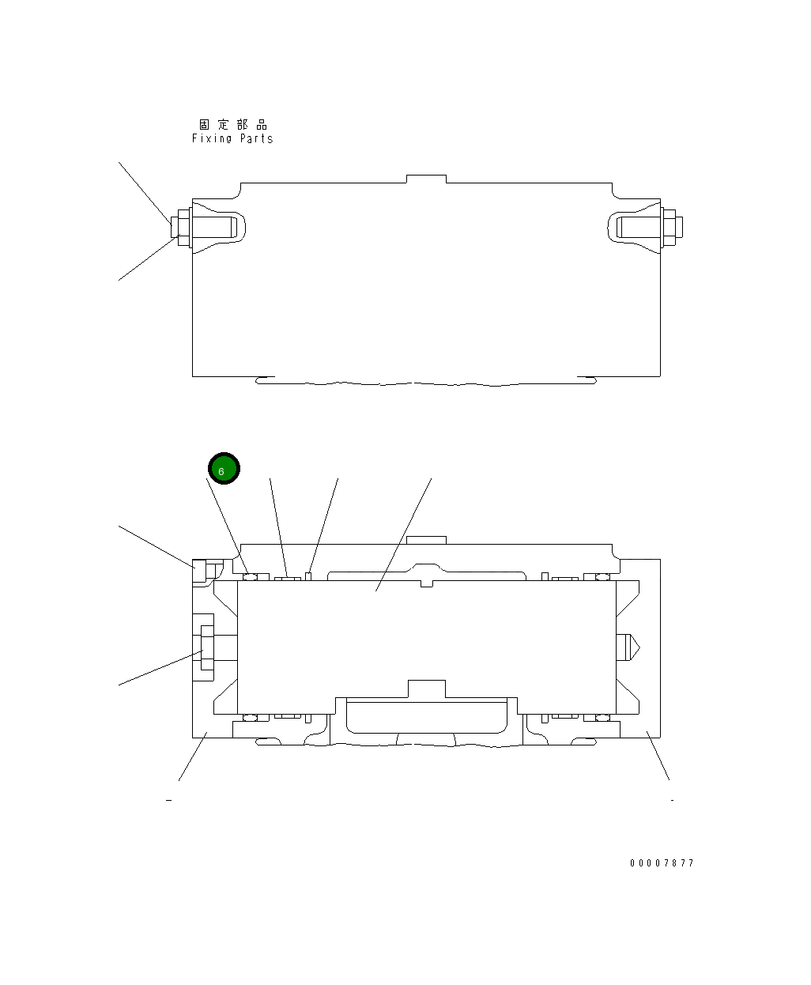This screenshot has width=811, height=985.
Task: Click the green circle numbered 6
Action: pyautogui.click(x=224, y=469)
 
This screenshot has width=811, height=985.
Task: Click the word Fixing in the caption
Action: pyautogui.click(x=213, y=138)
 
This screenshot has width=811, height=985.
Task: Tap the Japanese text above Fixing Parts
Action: pyautogui.click(x=233, y=124)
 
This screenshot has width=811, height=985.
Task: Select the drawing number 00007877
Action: pyautogui.click(x=662, y=862)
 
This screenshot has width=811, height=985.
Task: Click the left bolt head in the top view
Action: pyautogui.click(x=179, y=227)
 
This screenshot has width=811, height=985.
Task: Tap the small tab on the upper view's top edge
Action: pyautogui.click(x=426, y=179)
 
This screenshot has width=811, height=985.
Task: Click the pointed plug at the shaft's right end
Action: pyautogui.click(x=628, y=647)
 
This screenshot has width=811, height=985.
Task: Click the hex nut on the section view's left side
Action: pyautogui.click(x=206, y=648)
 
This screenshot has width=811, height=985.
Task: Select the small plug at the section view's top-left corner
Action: pyautogui.click(x=198, y=570)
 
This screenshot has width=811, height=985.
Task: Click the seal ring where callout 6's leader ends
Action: pyautogui.click(x=251, y=576)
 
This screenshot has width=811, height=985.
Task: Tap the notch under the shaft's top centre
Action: pyautogui.click(x=427, y=583)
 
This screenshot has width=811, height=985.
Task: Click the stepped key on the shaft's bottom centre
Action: pyautogui.click(x=426, y=689)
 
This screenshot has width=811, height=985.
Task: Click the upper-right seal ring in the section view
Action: pyautogui.click(x=602, y=576)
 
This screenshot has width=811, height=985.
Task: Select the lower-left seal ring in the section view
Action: pyautogui.click(x=251, y=717)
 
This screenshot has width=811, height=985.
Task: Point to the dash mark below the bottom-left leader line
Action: pyautogui.click(x=168, y=800)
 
